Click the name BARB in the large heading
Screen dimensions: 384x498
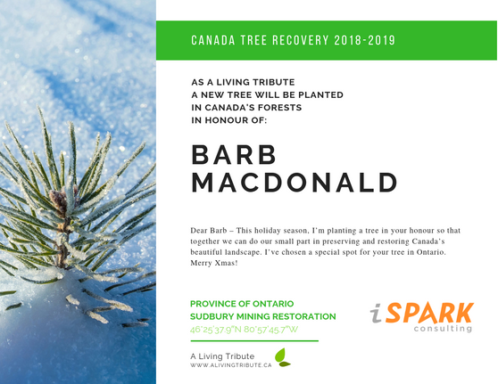(234, 154)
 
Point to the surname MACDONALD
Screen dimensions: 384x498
(294, 183)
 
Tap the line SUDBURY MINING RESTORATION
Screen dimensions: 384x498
(263, 316)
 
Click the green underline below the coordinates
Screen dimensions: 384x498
(254, 340)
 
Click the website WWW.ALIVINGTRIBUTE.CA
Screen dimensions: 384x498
(229, 365)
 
